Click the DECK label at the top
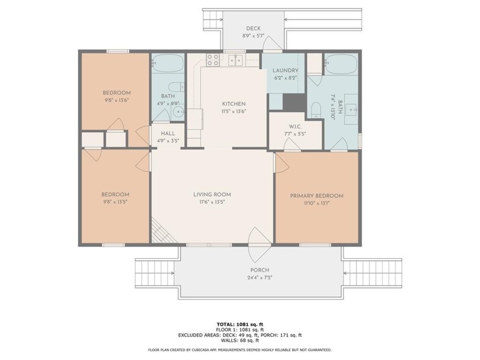253,29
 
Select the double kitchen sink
235,60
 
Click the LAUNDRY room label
285,71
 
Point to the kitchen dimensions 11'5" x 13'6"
234,112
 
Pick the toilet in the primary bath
315,109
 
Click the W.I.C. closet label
295,126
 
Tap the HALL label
167,133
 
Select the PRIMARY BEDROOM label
317,195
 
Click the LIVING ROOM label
212,194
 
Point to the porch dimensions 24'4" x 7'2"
259,278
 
